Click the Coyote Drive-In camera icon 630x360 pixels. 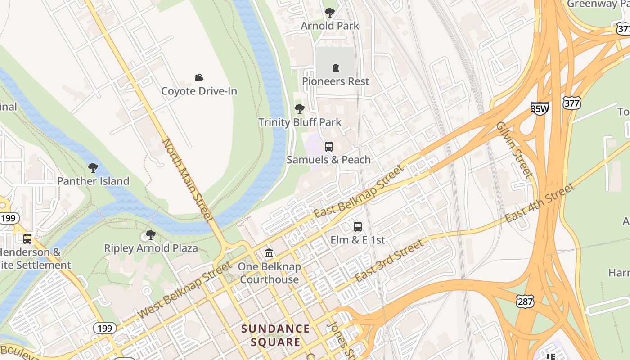pos(199,77)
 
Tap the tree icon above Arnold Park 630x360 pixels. pos(330,12)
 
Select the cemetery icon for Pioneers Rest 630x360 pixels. pos(335,68)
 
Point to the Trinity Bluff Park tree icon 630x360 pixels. pos(299,109)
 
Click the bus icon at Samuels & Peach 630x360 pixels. pos(329,146)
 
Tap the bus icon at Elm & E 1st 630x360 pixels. pos(358,227)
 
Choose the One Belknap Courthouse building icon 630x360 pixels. pos(269,253)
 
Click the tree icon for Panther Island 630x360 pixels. pos(93,168)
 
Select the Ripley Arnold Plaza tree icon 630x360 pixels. pos(151,235)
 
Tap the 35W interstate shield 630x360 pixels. pos(540,108)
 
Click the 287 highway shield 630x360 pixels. pos(525,301)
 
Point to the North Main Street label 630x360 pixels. pos(187,180)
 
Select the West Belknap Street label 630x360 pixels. pos(184,290)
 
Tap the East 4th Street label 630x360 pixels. pos(540,203)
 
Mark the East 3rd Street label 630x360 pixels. pos(389,261)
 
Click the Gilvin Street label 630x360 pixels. pos(514,149)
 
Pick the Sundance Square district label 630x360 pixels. pos(275,335)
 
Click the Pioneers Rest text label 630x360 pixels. pos(335,81)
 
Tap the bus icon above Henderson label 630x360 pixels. pos(27,238)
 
